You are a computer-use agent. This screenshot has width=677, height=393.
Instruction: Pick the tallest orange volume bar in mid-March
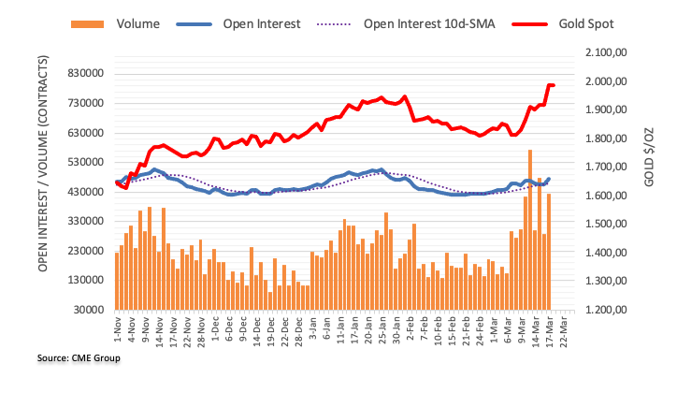pos(530,229)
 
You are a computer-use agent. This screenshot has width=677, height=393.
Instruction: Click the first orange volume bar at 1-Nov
pos(117,281)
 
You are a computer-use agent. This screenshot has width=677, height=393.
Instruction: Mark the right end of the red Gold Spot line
pos(554,85)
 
